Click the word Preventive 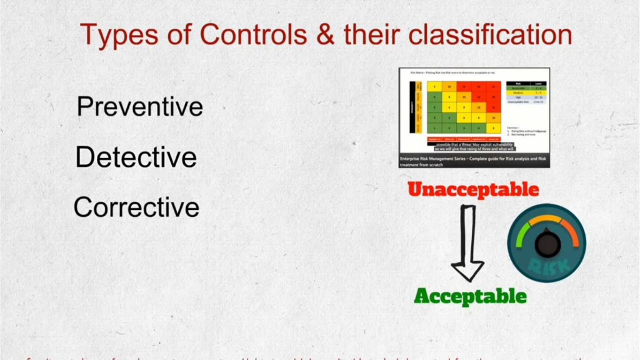point(139,107)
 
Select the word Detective point(136,157)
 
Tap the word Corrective point(136,207)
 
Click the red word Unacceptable point(472,189)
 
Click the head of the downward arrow point(467,270)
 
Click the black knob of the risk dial point(548,244)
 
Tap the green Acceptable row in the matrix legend point(527,88)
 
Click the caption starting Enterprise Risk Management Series point(474,161)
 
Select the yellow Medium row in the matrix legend point(527,93)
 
